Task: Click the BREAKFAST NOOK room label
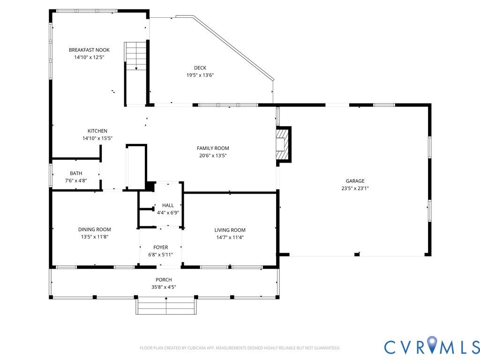pos(89,50)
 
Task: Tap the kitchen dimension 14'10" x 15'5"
pos(97,138)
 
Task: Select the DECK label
pos(200,68)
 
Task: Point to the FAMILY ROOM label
pos(213,148)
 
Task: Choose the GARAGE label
pos(355,181)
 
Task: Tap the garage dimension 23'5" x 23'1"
pos(355,188)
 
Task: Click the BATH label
pos(76,173)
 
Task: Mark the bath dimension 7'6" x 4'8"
pos(76,180)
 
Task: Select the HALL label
pos(168,205)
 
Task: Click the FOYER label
pos(161,247)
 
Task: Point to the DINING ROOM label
pos(95,230)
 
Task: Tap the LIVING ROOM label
pos(230,230)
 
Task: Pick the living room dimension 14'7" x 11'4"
pos(230,238)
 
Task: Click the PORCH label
pos(164,280)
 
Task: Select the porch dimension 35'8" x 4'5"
pos(164,287)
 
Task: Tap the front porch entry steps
pos(166,306)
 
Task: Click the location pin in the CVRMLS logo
pos(432,343)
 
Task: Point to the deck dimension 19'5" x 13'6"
pos(200,75)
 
